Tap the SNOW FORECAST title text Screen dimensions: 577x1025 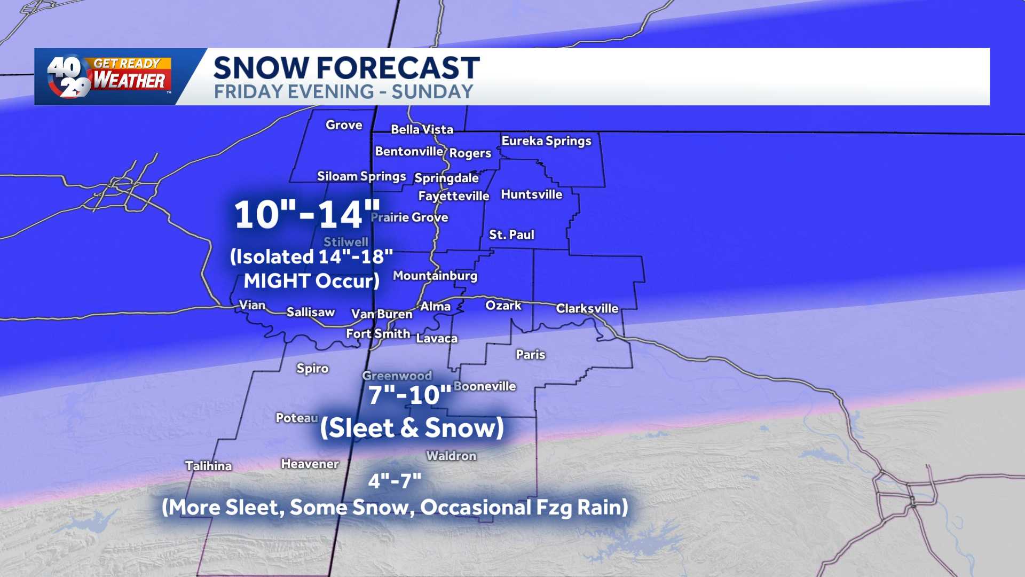346,68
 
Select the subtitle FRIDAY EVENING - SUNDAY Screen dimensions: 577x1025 343,92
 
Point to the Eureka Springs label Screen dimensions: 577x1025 546,141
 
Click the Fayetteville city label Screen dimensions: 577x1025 453,196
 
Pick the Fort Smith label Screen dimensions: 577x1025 378,334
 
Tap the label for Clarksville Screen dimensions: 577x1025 587,308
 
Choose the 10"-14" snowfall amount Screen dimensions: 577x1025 307,215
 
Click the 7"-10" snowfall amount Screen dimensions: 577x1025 409,395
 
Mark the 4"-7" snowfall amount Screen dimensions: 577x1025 395,481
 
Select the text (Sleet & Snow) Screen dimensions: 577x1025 412,428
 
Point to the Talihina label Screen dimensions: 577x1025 208,466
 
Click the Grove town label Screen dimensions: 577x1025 344,125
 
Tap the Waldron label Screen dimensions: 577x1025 451,456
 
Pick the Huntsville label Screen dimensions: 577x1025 531,194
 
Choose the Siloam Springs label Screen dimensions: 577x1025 361,176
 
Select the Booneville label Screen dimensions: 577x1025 484,386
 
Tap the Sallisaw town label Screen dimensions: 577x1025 310,312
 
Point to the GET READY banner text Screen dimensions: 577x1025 127,64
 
